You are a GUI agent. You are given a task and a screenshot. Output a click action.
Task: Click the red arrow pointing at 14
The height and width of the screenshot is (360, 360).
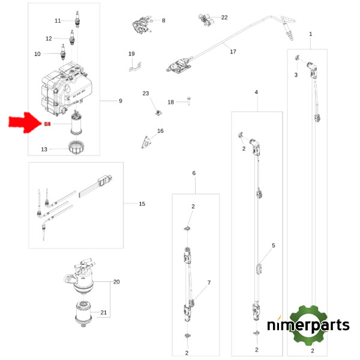pos(25,124)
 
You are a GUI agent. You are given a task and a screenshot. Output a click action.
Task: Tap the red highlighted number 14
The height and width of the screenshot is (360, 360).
pos(47,124)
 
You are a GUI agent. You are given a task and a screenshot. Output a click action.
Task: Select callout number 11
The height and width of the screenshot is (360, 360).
pos(58,21)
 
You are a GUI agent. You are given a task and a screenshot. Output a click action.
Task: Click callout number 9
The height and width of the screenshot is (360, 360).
pos(120,101)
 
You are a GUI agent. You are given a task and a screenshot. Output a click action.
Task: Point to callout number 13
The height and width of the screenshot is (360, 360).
pos(44,149)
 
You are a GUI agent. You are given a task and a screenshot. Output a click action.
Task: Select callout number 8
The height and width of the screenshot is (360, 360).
pos(163,20)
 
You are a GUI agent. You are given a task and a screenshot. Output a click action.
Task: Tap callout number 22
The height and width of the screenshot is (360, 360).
pos(224,17)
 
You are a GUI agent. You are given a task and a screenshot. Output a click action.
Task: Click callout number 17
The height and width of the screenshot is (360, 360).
pos(233,52)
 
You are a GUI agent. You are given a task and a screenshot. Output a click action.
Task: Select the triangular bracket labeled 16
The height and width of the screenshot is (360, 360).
pos(146,141)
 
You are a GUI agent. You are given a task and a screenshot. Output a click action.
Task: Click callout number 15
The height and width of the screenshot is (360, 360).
pos(142,204)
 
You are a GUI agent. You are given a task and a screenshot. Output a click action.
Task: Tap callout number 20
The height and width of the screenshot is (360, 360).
pos(117,281)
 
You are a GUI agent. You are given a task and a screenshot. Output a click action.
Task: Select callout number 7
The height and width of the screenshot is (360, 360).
pos(209,282)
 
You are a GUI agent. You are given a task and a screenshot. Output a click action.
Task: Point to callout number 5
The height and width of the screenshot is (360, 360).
pos(273,245)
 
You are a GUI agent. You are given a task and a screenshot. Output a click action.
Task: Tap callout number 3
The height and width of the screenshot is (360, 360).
pos(296,75)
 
